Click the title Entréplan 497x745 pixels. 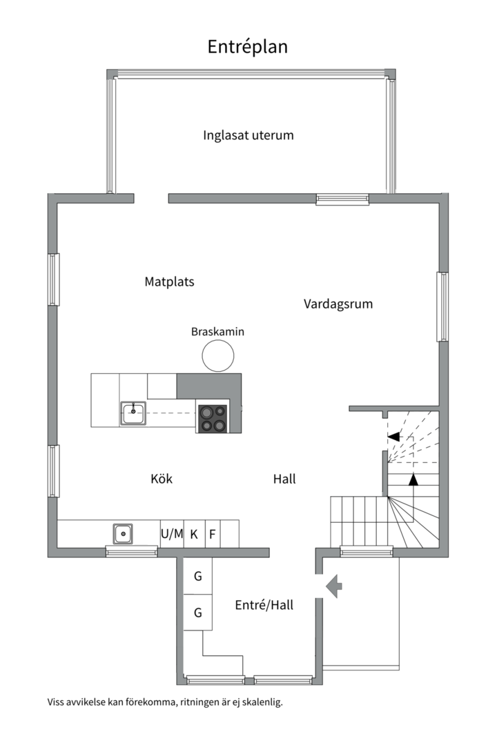pyautogui.click(x=247, y=47)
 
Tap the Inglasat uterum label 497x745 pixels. pyautogui.click(x=248, y=135)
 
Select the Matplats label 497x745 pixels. pyautogui.click(x=169, y=281)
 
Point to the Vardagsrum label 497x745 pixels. pyautogui.click(x=338, y=304)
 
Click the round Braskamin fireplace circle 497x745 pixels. pyautogui.click(x=218, y=355)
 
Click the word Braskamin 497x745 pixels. pyautogui.click(x=218, y=332)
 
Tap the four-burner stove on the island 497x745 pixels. pyautogui.click(x=213, y=418)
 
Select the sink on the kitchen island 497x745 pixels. pyautogui.click(x=133, y=413)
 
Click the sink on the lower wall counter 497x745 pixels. pyautogui.click(x=123, y=533)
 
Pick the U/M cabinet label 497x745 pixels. pyautogui.click(x=172, y=534)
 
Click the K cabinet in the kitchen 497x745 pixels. pyautogui.click(x=194, y=534)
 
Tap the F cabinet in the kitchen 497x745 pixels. pyautogui.click(x=213, y=534)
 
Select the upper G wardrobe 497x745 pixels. pyautogui.click(x=198, y=576)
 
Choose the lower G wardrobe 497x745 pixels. pyautogui.click(x=198, y=613)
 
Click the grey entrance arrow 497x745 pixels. pyautogui.click(x=334, y=586)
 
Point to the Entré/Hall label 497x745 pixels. pyautogui.click(x=264, y=606)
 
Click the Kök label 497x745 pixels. pyautogui.click(x=162, y=479)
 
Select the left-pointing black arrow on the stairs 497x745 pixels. pyautogui.click(x=393, y=436)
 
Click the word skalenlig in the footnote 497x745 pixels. pyautogui.click(x=262, y=702)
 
